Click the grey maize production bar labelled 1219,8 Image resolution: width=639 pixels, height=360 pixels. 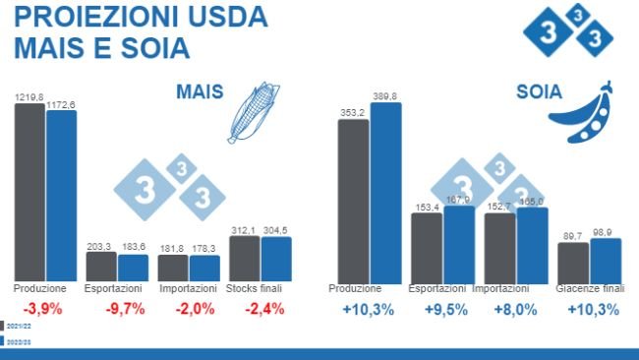click(x=29, y=192)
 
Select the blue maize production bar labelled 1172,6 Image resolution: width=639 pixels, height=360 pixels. click(x=61, y=195)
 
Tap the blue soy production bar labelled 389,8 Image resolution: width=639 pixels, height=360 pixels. click(x=385, y=192)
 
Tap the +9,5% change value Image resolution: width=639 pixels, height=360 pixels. click(x=440, y=310)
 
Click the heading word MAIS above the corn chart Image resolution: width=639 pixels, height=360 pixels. click(x=200, y=92)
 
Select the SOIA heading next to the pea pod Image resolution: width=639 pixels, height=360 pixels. click(x=539, y=93)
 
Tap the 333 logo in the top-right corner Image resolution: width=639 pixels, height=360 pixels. click(x=568, y=30)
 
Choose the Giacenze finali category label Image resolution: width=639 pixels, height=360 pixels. click(x=590, y=289)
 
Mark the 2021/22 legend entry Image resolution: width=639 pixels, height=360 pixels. click(x=19, y=326)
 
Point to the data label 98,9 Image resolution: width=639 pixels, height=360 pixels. click(x=607, y=231)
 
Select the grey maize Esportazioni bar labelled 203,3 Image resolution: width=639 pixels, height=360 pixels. click(x=101, y=267)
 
